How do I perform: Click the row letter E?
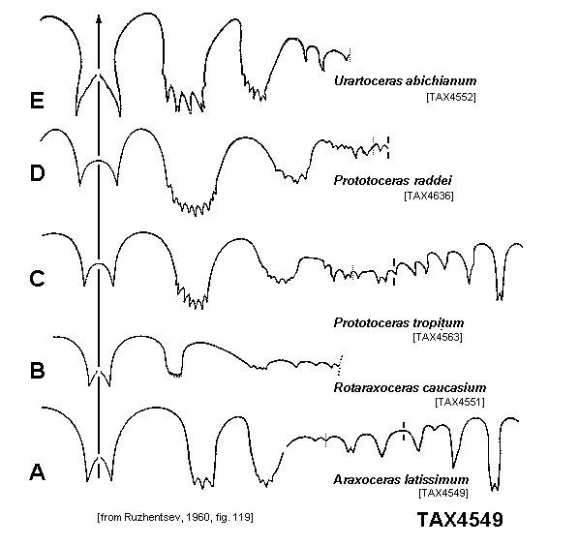click(37, 101)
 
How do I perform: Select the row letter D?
click(37, 173)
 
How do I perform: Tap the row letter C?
click(37, 279)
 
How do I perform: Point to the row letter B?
click(37, 371)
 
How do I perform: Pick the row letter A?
click(37, 472)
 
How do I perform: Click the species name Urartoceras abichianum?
click(405, 81)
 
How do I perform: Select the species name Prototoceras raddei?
click(392, 180)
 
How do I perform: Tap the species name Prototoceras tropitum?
click(399, 323)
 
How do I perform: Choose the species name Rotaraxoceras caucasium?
click(410, 387)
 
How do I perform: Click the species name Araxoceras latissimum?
click(401, 479)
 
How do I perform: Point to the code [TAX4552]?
click(451, 97)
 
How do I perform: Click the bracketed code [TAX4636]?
click(429, 196)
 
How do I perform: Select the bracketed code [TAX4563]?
click(438, 337)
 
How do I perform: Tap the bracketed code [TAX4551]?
click(460, 402)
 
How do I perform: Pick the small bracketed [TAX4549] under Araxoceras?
click(443, 493)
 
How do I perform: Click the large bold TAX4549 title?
click(460, 520)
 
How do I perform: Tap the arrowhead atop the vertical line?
click(99, 19)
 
